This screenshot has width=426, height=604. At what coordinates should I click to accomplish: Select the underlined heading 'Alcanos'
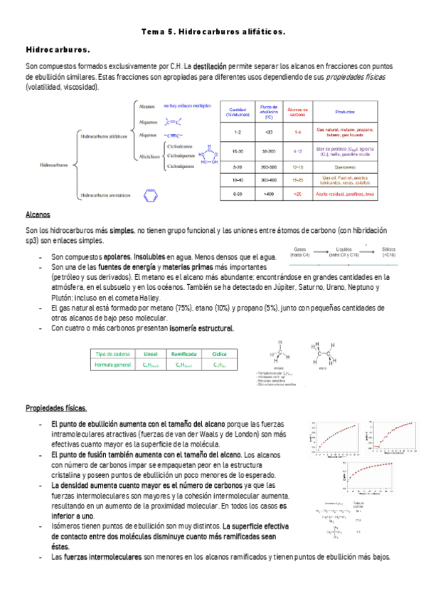[37, 214]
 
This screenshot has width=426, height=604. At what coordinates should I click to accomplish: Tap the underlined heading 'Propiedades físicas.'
[56, 407]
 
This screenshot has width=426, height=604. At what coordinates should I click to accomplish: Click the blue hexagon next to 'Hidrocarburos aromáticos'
[150, 194]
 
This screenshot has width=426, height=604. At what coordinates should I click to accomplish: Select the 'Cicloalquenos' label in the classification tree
[183, 155]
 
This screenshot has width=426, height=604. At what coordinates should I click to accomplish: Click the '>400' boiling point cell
[268, 194]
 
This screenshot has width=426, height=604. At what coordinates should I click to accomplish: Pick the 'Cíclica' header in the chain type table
[219, 353]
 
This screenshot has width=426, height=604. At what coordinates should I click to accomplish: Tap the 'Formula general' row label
[112, 365]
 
